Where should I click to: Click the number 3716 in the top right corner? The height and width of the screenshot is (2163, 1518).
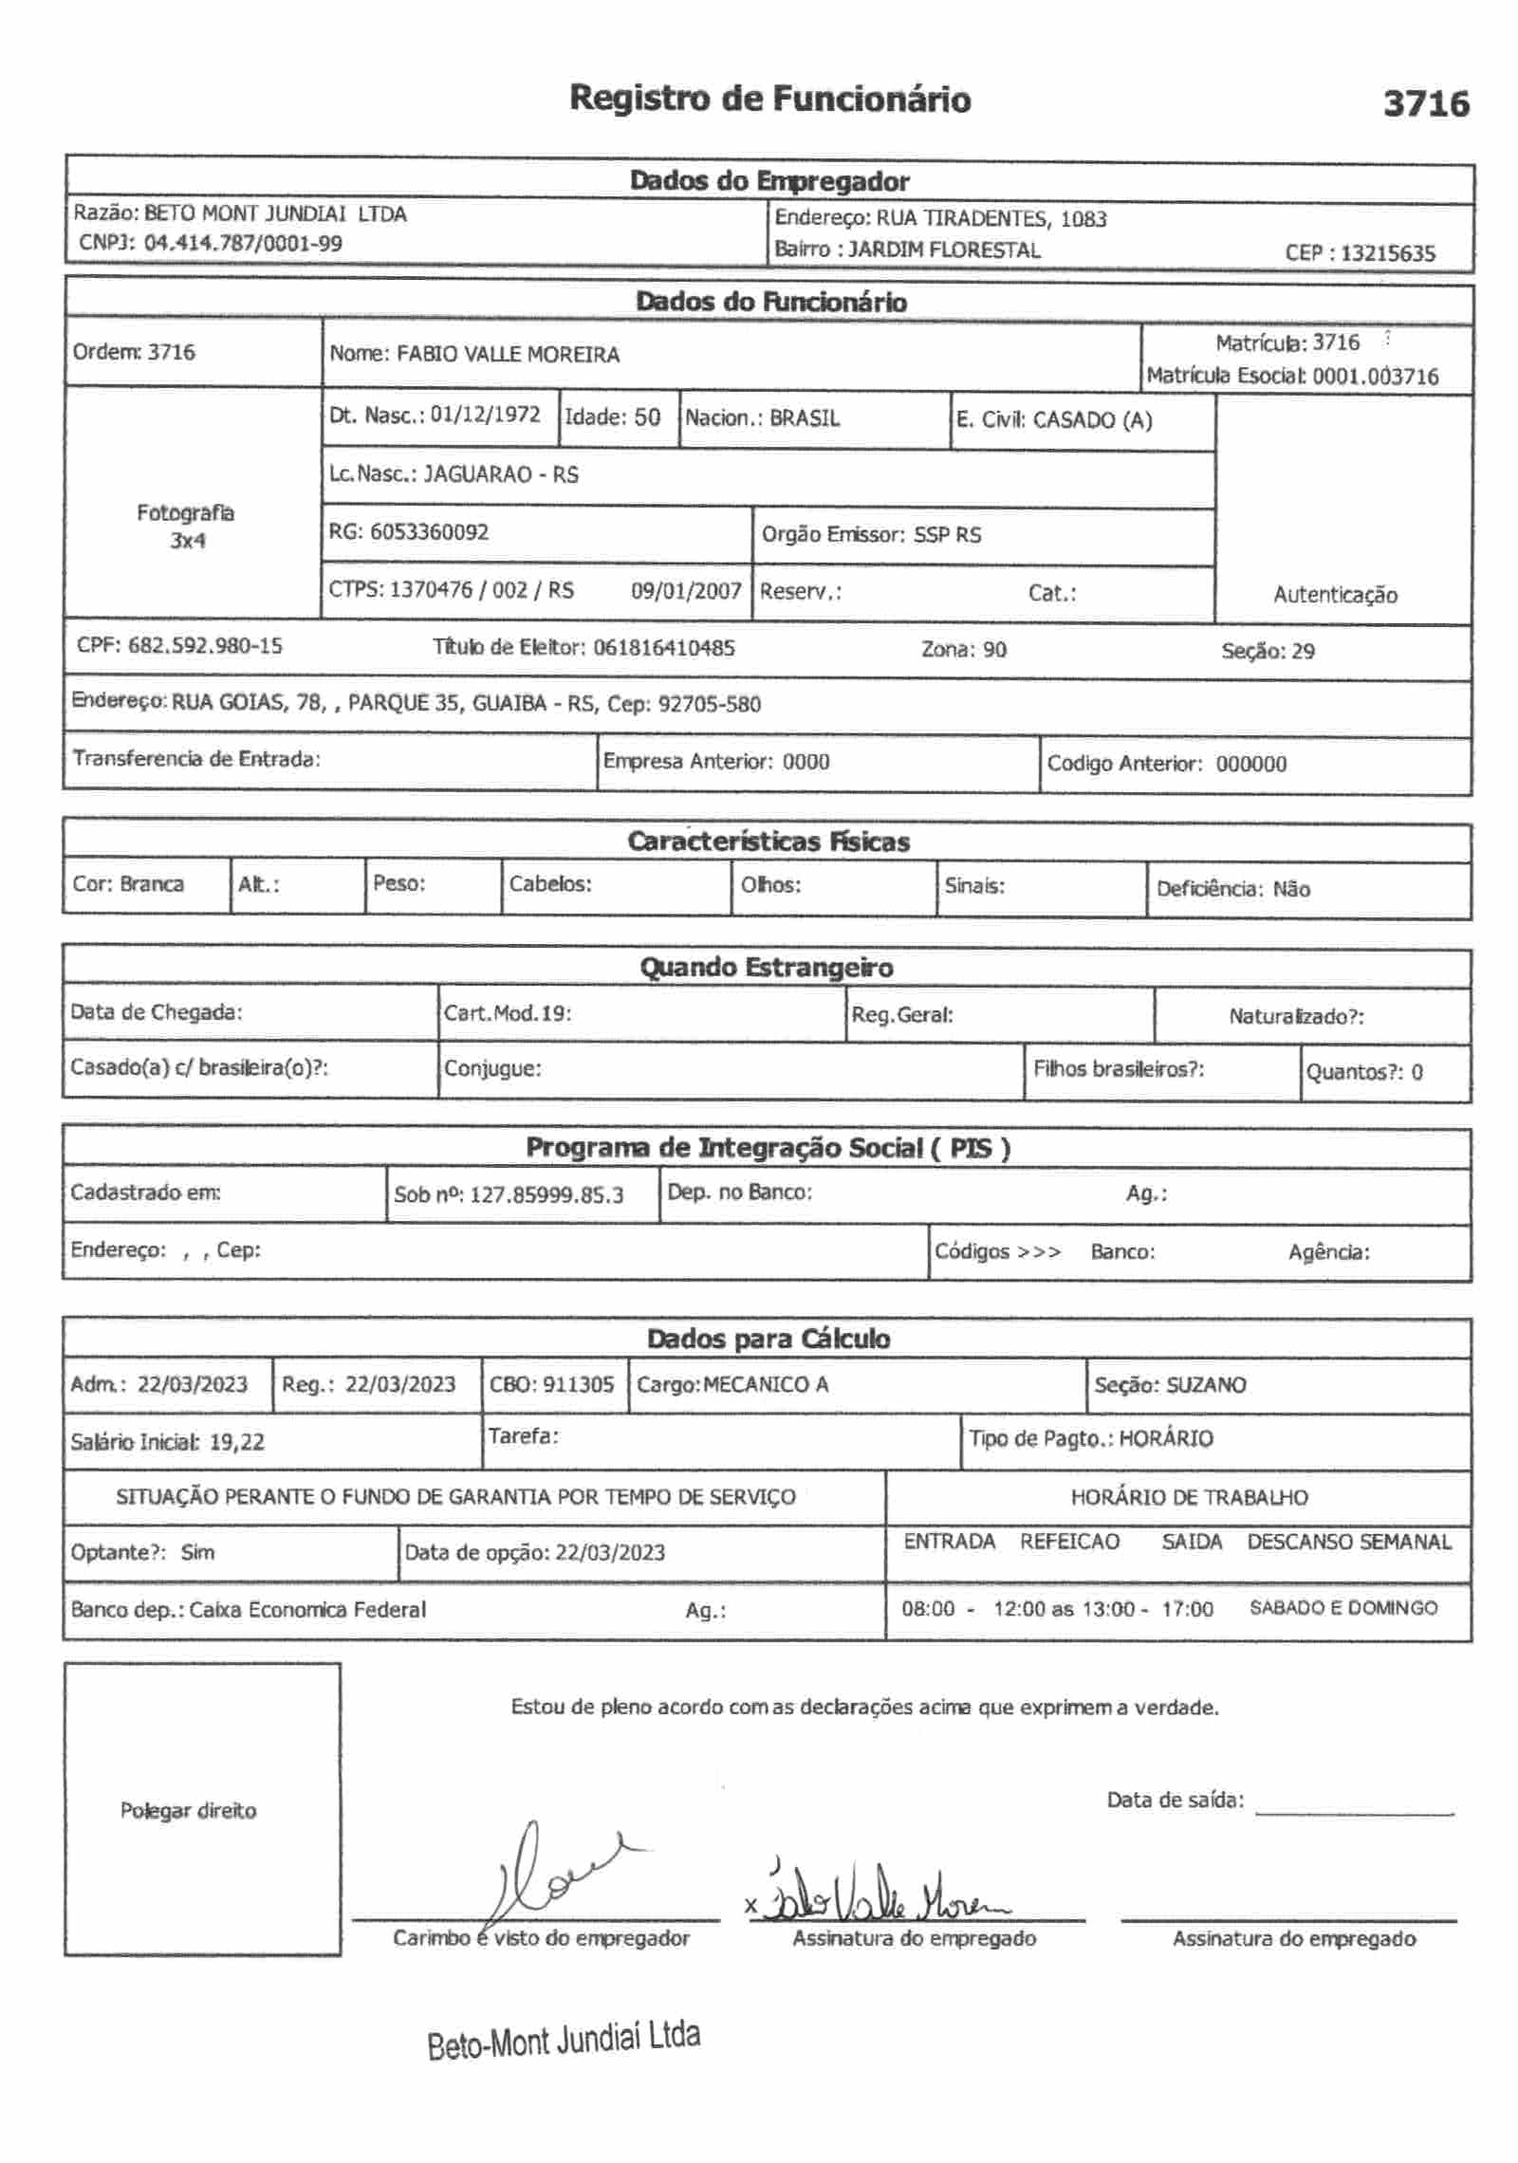(1425, 103)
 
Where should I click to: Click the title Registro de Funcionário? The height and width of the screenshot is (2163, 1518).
(769, 99)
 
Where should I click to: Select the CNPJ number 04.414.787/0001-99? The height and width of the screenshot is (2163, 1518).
(243, 244)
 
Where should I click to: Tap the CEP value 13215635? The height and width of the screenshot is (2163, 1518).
(1387, 253)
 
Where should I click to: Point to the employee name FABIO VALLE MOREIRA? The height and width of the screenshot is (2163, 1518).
(508, 355)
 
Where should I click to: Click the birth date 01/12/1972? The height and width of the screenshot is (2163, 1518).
(485, 416)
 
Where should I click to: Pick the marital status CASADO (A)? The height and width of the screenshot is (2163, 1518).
(1092, 420)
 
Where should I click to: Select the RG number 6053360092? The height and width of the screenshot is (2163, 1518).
(429, 532)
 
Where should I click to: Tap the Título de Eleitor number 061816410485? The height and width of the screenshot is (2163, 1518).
(663, 649)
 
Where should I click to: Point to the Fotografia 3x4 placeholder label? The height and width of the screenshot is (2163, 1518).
(186, 527)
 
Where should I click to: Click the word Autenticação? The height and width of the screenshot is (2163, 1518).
(1335, 596)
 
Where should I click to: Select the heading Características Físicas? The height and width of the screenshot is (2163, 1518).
(768, 842)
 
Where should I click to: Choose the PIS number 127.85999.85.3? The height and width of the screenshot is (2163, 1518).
(546, 1195)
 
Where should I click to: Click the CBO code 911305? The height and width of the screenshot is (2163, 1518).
(578, 1385)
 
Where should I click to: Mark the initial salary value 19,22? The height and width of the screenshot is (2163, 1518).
(236, 1443)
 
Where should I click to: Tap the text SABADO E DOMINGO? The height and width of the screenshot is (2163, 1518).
(1343, 1608)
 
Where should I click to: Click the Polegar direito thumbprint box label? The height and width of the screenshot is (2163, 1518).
(188, 1811)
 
